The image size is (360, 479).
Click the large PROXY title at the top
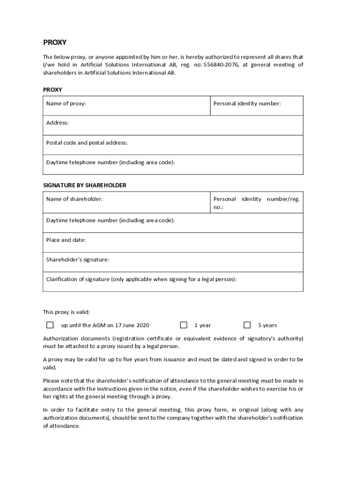pos(55,43)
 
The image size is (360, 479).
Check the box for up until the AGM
pos(50,325)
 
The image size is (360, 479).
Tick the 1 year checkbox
pos(184,325)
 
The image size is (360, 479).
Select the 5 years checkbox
pos(247,325)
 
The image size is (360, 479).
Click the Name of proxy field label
pos(66,103)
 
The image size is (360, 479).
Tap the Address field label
pos(58,123)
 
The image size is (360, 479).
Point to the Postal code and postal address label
pos(86,143)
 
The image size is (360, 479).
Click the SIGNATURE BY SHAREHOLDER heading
pos(85,185)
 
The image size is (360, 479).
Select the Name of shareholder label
pos(74,199)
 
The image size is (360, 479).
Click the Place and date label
pos(66,240)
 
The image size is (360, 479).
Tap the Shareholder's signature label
pos(78,259)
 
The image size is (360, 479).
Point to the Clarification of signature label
pos(141,279)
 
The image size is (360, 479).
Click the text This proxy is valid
pos(66,312)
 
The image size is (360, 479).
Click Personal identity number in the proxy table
pos(247,103)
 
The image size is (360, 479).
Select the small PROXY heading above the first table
pos(52,89)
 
